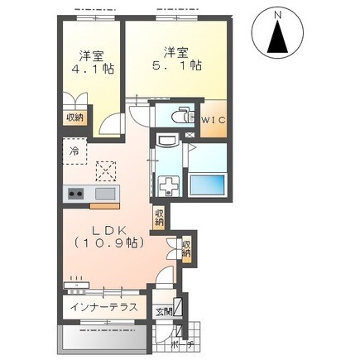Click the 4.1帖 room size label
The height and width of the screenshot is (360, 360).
click(93, 69)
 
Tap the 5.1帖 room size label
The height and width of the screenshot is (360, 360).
click(176, 65)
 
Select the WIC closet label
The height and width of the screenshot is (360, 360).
click(214, 120)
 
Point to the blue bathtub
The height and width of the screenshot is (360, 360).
click(208, 183)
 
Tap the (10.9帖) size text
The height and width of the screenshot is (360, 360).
click(109, 242)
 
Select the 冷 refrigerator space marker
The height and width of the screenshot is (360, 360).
click(74, 151)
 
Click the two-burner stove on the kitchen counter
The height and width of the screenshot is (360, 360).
click(76, 194)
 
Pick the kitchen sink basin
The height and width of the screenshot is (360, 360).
click(105, 194)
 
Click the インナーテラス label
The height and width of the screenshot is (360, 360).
click(103, 307)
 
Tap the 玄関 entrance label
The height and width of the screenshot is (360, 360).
click(164, 312)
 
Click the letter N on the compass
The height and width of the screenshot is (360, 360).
click(279, 16)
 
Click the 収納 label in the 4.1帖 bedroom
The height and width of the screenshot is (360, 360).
click(74, 118)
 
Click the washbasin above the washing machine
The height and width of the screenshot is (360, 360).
click(167, 142)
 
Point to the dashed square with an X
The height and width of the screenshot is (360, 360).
click(106, 171)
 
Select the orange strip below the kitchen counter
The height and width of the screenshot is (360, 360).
click(104, 206)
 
